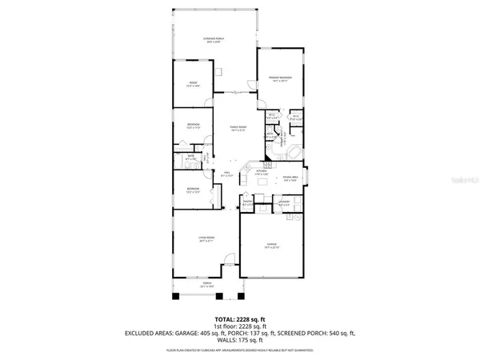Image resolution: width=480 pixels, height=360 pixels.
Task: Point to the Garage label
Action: pyautogui.click(x=272, y=246)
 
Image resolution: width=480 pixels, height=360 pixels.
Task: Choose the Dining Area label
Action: pyautogui.click(x=290, y=179)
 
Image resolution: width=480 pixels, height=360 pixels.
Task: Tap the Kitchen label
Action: pyautogui.click(x=262, y=172)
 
